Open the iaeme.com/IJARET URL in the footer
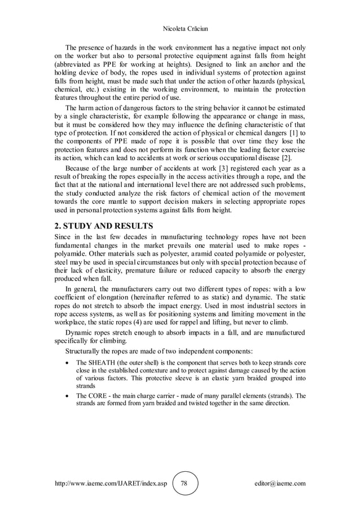click(110, 484)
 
